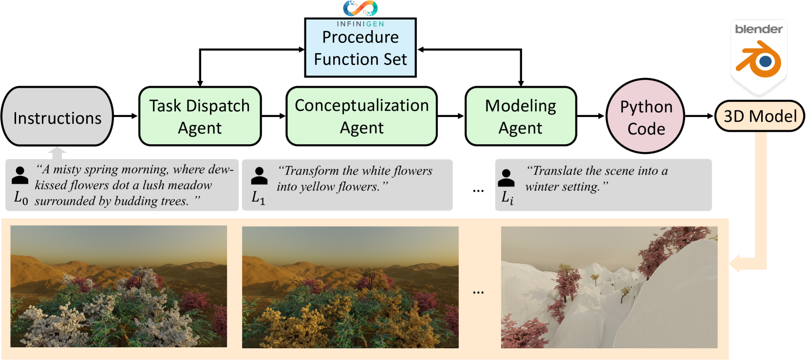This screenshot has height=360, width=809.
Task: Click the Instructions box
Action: (x=57, y=117)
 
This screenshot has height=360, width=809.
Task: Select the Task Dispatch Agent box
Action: (x=200, y=116)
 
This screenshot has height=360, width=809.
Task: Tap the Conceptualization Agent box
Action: (x=361, y=116)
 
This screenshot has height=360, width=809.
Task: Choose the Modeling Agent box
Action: (x=520, y=116)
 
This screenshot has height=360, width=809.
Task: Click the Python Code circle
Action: (x=645, y=116)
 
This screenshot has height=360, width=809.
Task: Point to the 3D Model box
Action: (x=759, y=116)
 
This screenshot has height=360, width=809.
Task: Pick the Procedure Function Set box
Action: (x=360, y=48)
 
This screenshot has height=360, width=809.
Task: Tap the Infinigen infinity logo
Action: (x=360, y=8)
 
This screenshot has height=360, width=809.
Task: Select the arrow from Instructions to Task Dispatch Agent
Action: (x=126, y=116)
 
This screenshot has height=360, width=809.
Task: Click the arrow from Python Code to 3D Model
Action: (x=699, y=116)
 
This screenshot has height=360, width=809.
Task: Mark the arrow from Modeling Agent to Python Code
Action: (x=591, y=116)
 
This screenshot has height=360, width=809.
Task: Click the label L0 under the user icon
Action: (x=21, y=197)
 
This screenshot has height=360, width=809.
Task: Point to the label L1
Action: (x=258, y=197)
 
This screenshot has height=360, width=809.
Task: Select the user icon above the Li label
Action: (x=507, y=177)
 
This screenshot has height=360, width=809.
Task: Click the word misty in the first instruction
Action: (x=67, y=170)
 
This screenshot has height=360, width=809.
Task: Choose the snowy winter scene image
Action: (x=609, y=287)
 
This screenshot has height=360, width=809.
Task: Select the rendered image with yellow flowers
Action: (x=350, y=287)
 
